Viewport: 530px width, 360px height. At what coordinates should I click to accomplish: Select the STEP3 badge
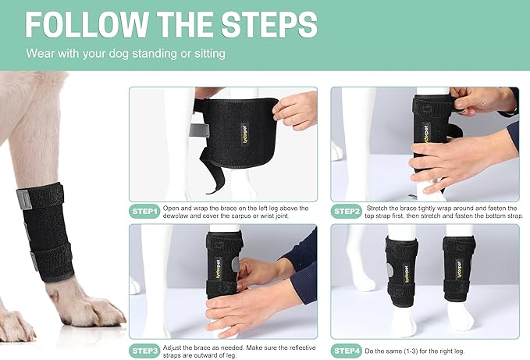point(145,350)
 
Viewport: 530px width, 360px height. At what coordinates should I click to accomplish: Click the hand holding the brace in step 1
point(296,109)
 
